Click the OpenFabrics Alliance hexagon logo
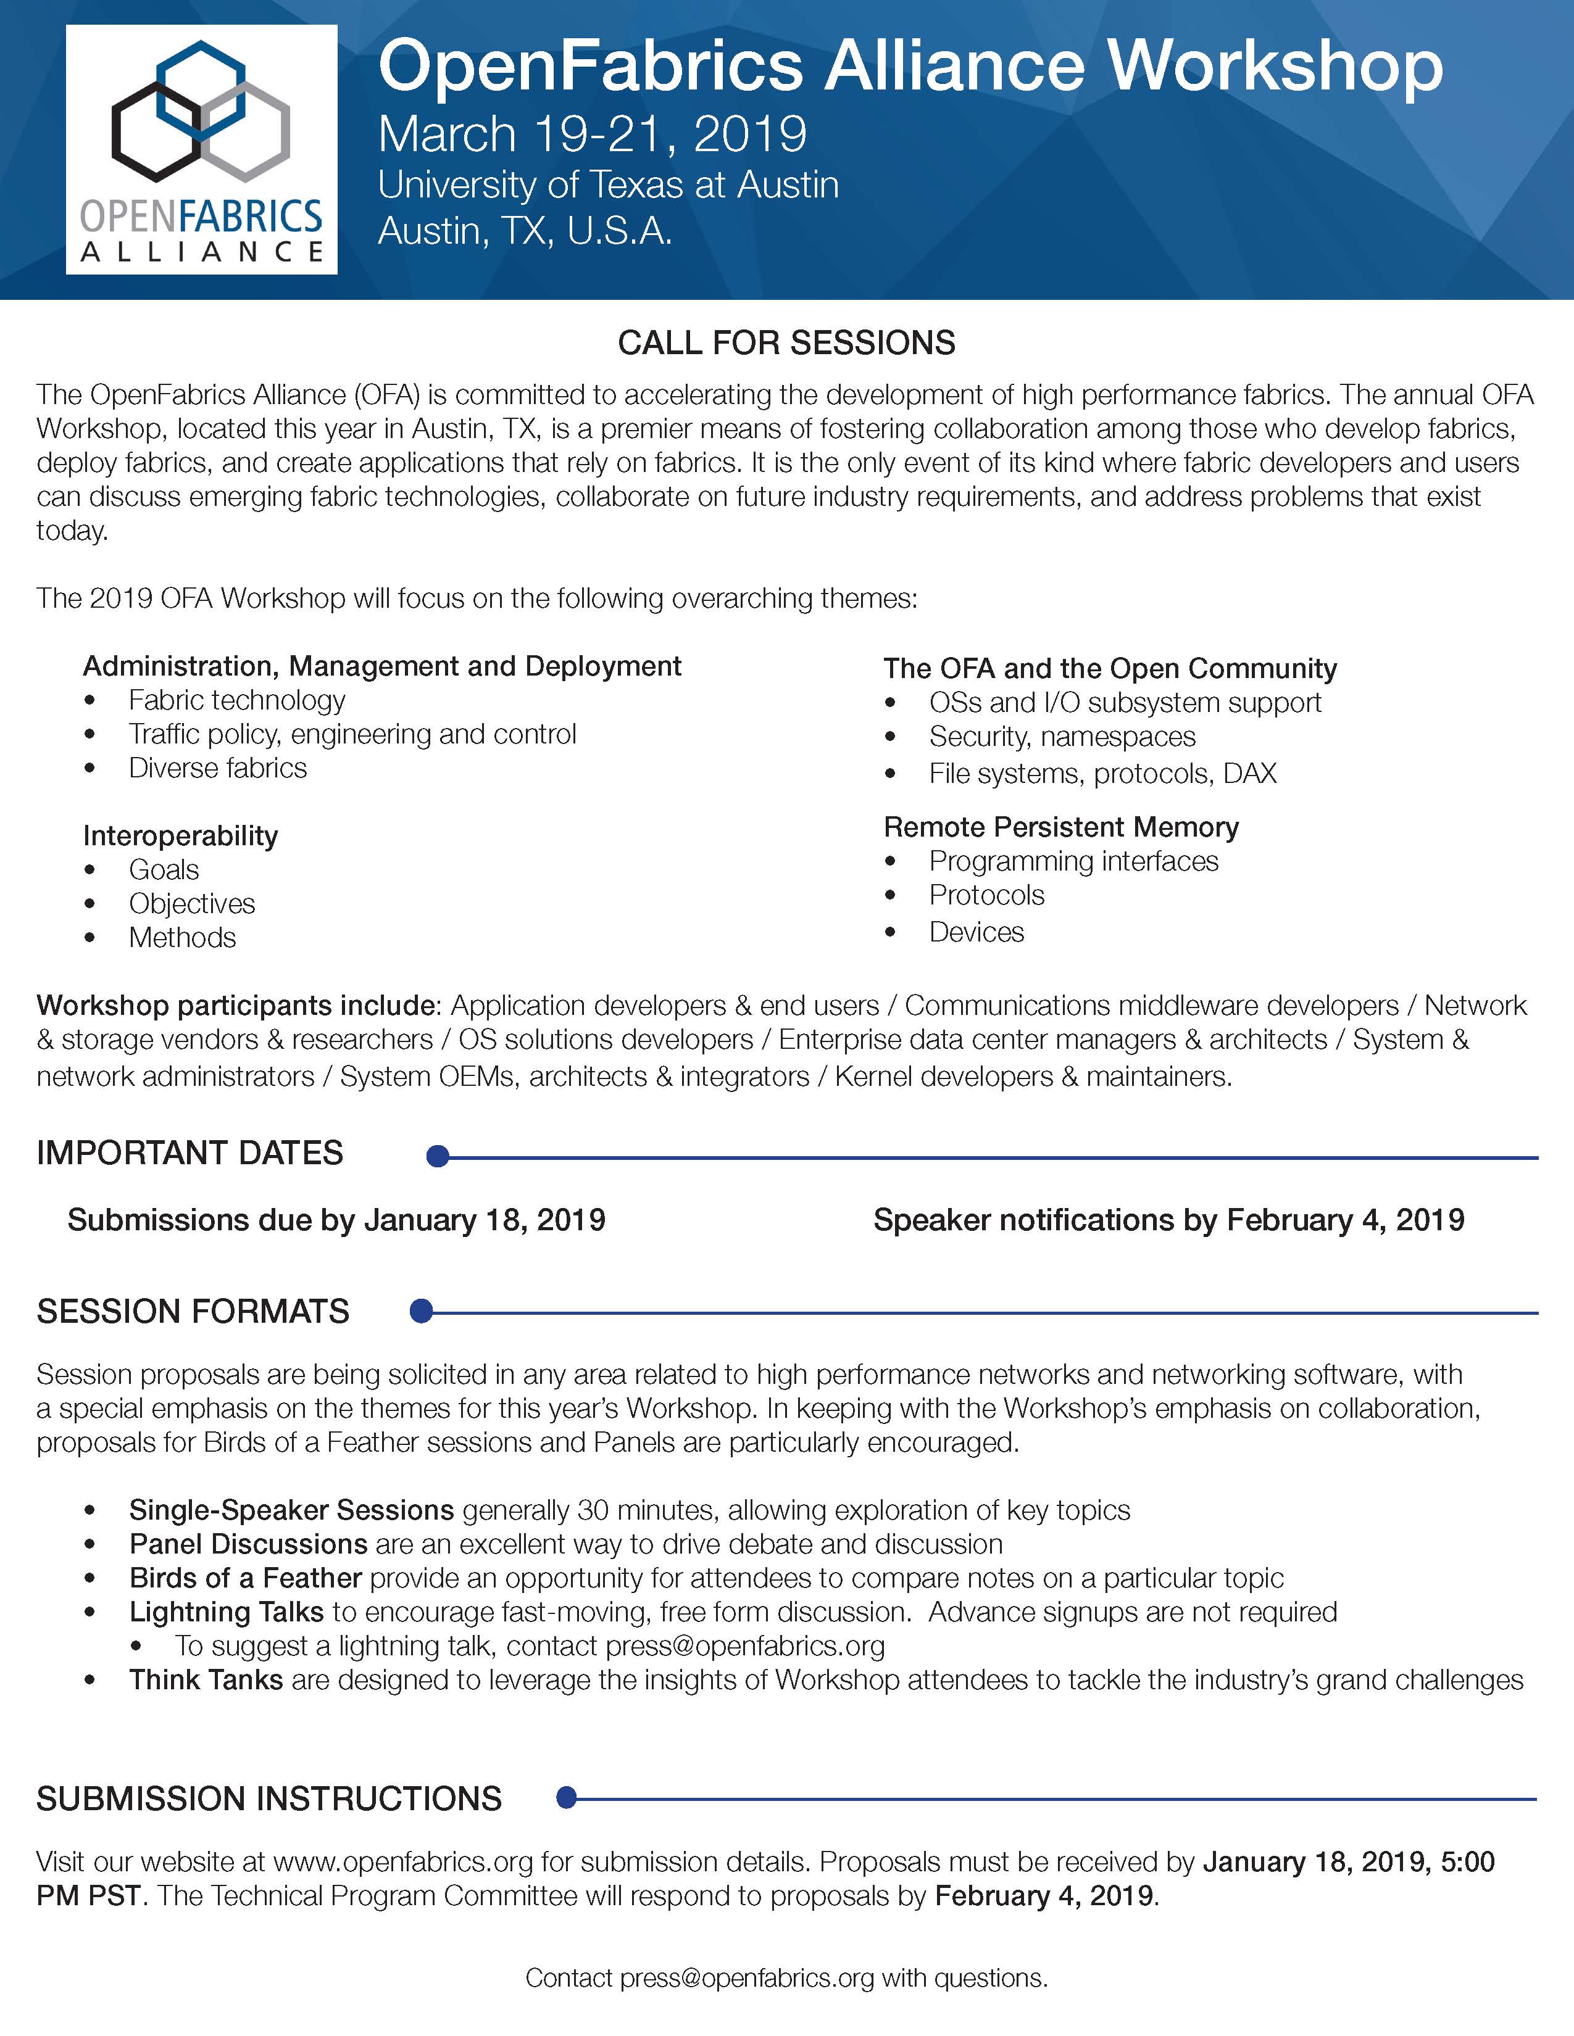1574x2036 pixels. pos(201,149)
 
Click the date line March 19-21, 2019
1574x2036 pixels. pos(592,134)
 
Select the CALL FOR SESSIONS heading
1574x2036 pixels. pos(786,343)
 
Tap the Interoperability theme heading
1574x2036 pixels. pos(180,835)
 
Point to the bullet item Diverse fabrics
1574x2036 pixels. pos(217,768)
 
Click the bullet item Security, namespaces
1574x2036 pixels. pos(1062,737)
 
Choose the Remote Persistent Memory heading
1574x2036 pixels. pos(1061,827)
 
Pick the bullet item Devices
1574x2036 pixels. pos(976,932)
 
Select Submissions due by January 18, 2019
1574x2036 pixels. pos(336,1220)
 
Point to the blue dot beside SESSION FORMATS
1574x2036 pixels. pos(422,1312)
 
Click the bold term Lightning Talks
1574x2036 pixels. pos(227,1612)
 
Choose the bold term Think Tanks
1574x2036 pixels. pos(206,1680)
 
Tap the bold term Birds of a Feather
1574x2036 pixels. pos(245,1578)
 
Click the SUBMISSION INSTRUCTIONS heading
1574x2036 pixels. pos(269,1798)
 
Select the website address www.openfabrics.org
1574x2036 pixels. pos(403,1861)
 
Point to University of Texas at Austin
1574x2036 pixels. pos(608,184)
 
